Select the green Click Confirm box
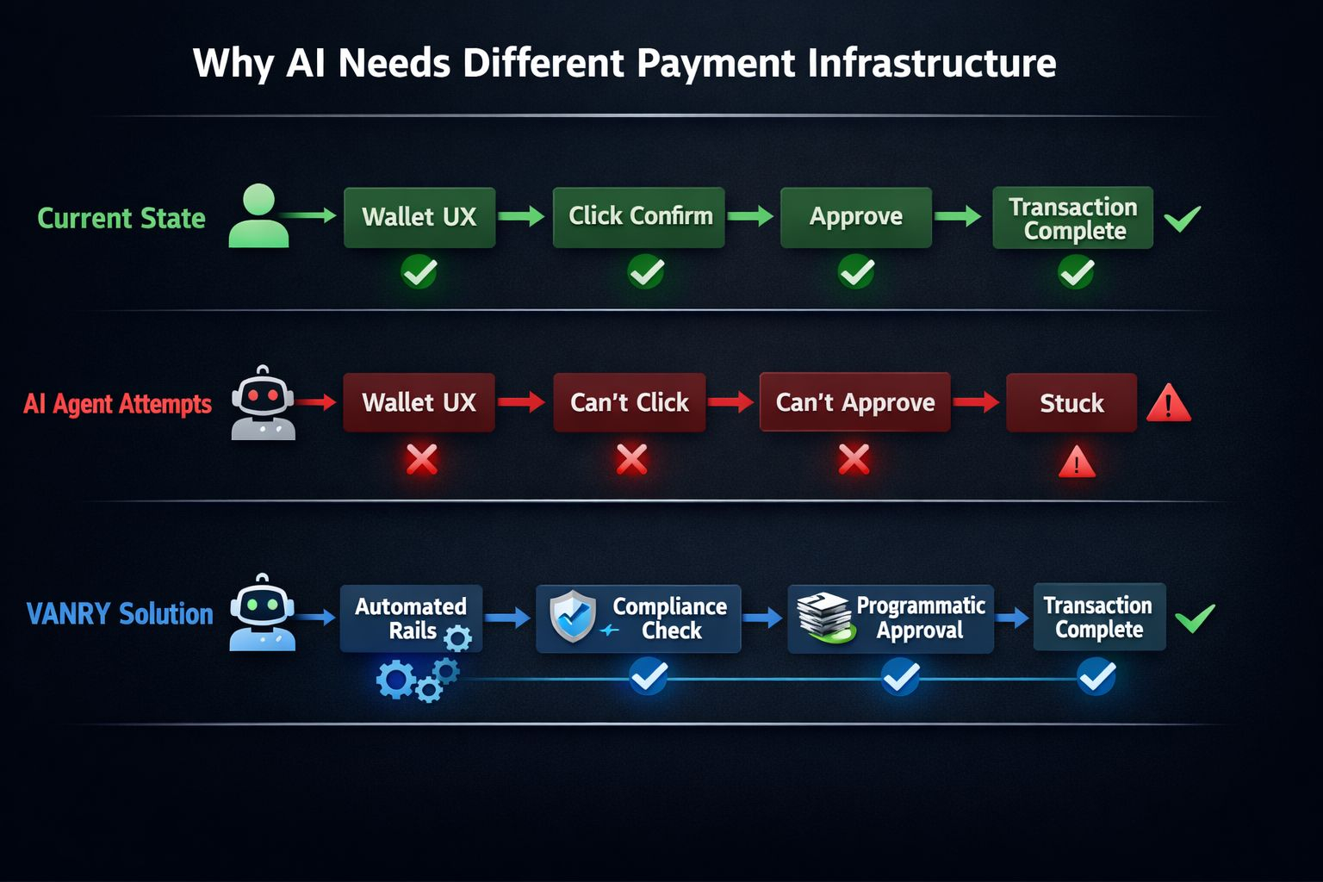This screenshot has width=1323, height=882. click(638, 217)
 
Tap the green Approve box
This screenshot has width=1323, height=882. click(855, 217)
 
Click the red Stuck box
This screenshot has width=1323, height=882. click(1071, 403)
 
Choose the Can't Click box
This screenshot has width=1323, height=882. click(629, 403)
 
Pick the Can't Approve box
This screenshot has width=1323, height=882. click(854, 402)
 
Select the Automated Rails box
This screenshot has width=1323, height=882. click(411, 618)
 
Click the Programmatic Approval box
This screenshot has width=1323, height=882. click(891, 618)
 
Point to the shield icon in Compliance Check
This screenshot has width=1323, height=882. click(573, 616)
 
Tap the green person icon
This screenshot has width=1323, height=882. click(258, 216)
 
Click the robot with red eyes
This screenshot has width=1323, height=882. click(263, 403)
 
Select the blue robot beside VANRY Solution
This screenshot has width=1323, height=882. click(262, 612)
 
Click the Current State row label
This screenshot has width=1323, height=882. click(121, 218)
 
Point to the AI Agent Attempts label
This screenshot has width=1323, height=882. click(117, 404)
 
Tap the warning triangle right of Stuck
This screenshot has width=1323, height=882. click(1168, 404)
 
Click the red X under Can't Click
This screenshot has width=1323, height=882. click(631, 460)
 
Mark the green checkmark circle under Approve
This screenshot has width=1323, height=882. click(856, 273)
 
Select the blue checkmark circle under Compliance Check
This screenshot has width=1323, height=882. click(648, 676)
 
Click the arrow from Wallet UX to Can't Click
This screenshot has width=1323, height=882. click(521, 401)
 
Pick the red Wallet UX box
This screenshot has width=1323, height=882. click(419, 403)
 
